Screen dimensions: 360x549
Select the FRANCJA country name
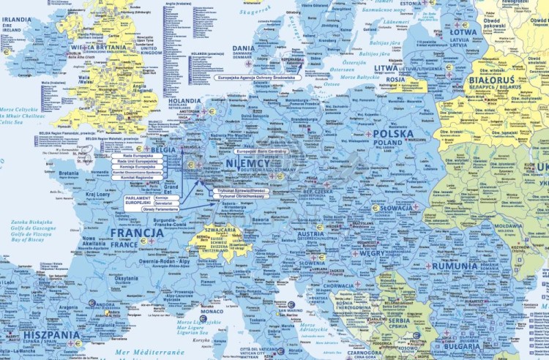pos(137,233)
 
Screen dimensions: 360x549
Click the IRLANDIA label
pos(16,20)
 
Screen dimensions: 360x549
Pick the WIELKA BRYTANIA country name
pos(98,48)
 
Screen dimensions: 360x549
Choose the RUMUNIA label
pos(454,266)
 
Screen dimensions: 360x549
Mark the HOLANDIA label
pos(184,102)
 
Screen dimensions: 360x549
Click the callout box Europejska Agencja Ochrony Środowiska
pos(255,77)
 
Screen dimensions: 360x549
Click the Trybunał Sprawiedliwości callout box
pos(242,190)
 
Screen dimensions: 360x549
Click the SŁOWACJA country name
pos(396,208)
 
